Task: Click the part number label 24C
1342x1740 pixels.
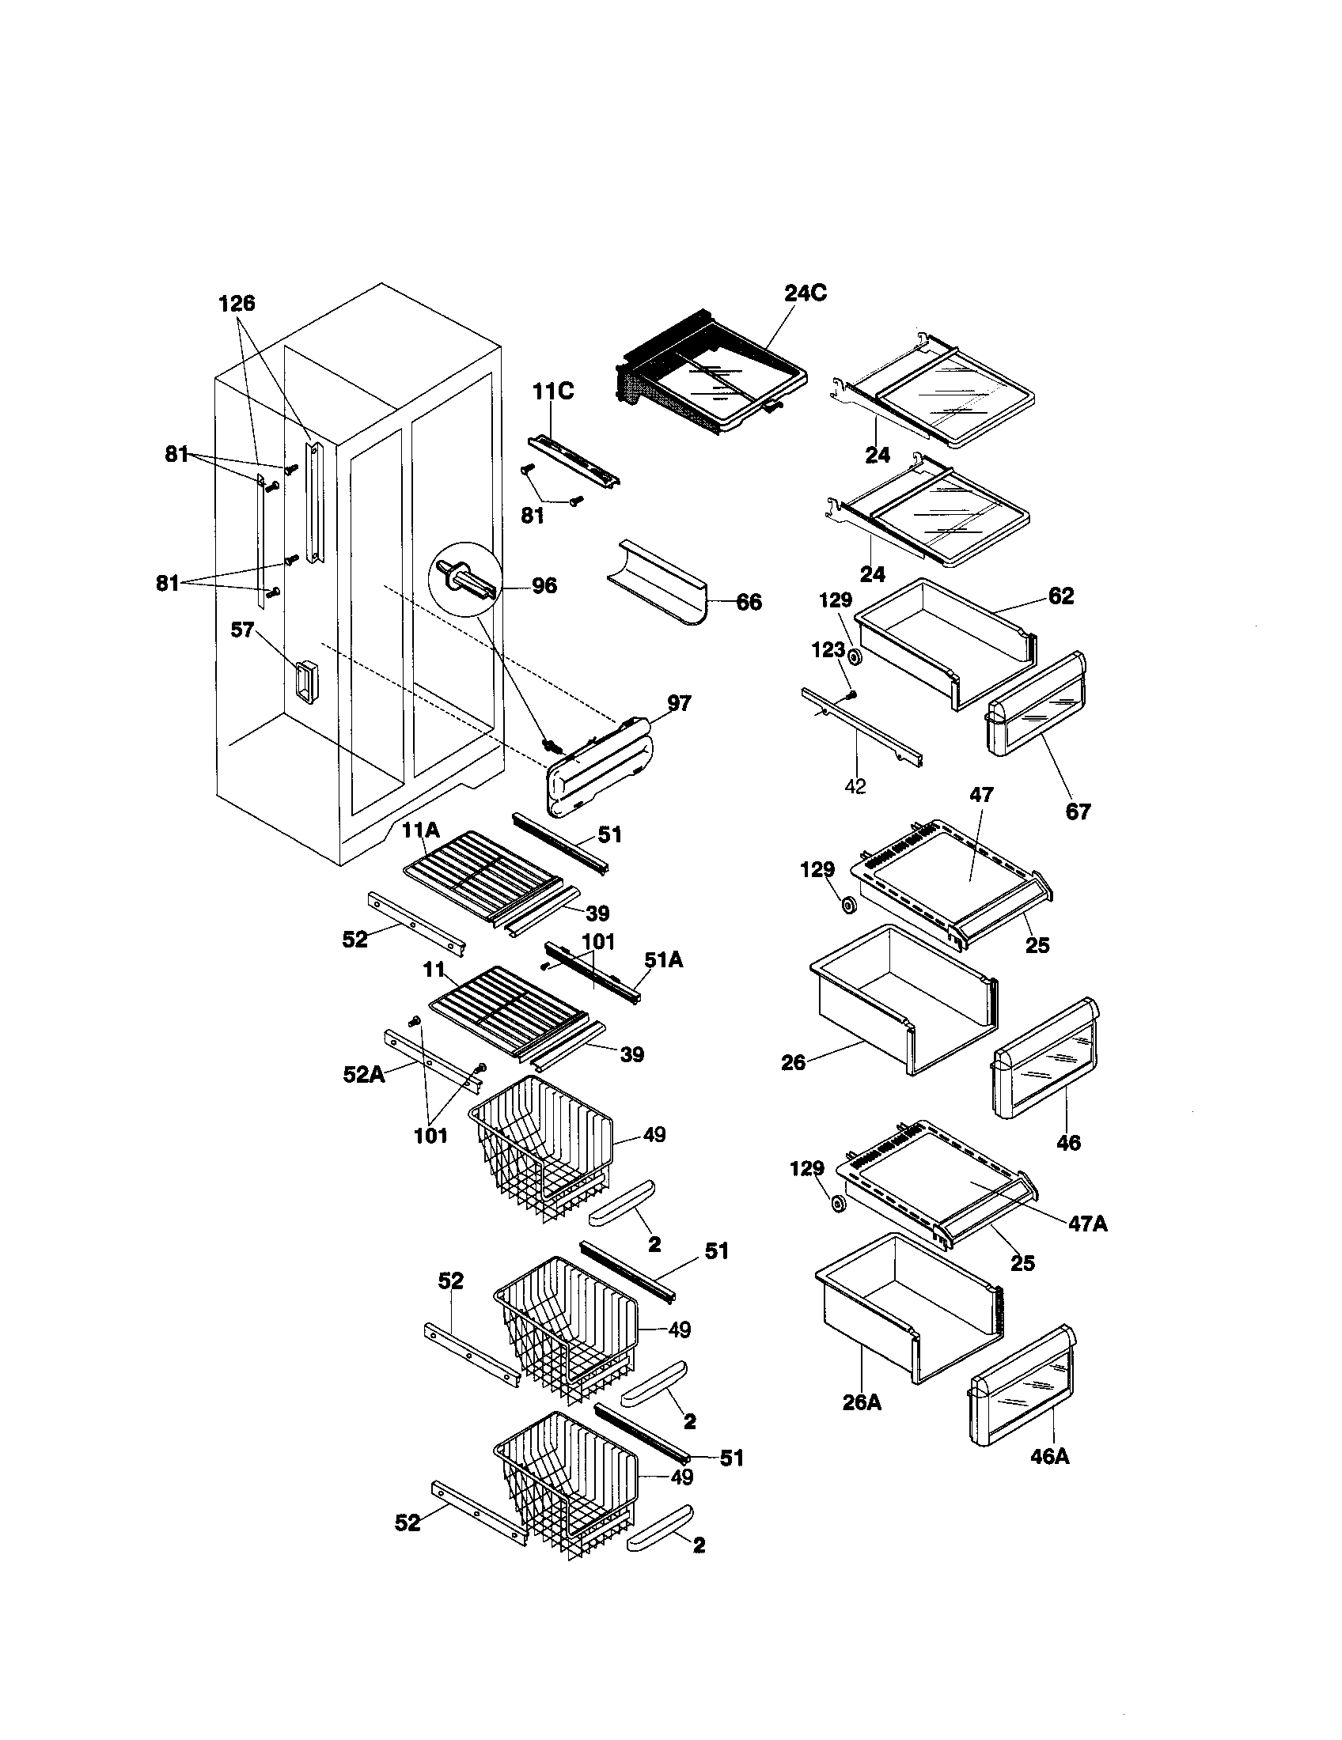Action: [x=805, y=293]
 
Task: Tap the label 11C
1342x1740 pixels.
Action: [x=553, y=392]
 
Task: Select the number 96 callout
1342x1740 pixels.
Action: [x=544, y=586]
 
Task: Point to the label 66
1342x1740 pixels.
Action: [x=749, y=603]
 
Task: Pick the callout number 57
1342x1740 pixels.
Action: [x=242, y=630]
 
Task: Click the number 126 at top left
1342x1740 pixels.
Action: [x=237, y=303]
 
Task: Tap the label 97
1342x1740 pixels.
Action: [x=679, y=702]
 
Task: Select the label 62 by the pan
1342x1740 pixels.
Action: [x=1060, y=596]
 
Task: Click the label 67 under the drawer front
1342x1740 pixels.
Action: [x=1078, y=811]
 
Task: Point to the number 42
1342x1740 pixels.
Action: [x=855, y=786]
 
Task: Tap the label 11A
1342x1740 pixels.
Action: [x=420, y=831]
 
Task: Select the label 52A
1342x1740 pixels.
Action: [x=363, y=1075]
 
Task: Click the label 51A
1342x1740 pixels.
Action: [x=664, y=961]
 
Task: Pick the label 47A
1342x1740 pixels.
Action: [x=1088, y=1224]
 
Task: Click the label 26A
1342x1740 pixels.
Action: [x=862, y=1402]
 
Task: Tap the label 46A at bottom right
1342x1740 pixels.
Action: [x=1049, y=1456]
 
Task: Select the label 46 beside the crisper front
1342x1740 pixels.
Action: [x=1068, y=1143]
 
